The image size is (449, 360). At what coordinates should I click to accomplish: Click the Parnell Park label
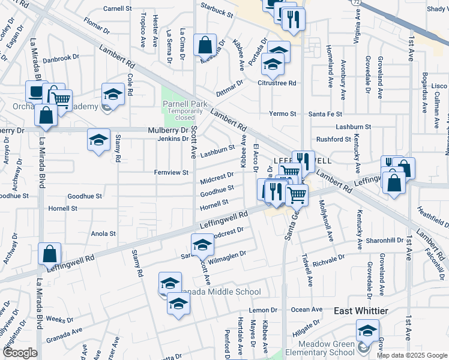click(x=185, y=104)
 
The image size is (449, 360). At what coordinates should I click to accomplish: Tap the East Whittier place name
click(x=361, y=310)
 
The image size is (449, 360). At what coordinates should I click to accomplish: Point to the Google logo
click(x=20, y=353)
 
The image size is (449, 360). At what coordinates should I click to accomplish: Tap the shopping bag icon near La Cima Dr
click(x=205, y=45)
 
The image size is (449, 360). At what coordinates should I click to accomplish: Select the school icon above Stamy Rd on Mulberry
click(x=99, y=140)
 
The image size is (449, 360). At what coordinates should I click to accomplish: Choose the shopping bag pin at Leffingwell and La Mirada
click(x=49, y=254)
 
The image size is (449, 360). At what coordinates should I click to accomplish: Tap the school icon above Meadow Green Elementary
click(x=367, y=330)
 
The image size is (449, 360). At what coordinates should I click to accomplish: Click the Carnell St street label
click(x=118, y=9)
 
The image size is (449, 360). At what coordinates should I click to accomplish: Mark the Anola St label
click(x=103, y=233)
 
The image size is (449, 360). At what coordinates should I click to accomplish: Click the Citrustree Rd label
click(x=277, y=83)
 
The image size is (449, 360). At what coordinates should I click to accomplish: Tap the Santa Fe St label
click(x=325, y=113)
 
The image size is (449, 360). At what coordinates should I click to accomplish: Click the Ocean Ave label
click(x=308, y=310)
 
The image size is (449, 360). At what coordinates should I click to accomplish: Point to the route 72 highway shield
click(x=356, y=2)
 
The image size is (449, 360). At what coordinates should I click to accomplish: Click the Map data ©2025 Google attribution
click(x=411, y=355)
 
